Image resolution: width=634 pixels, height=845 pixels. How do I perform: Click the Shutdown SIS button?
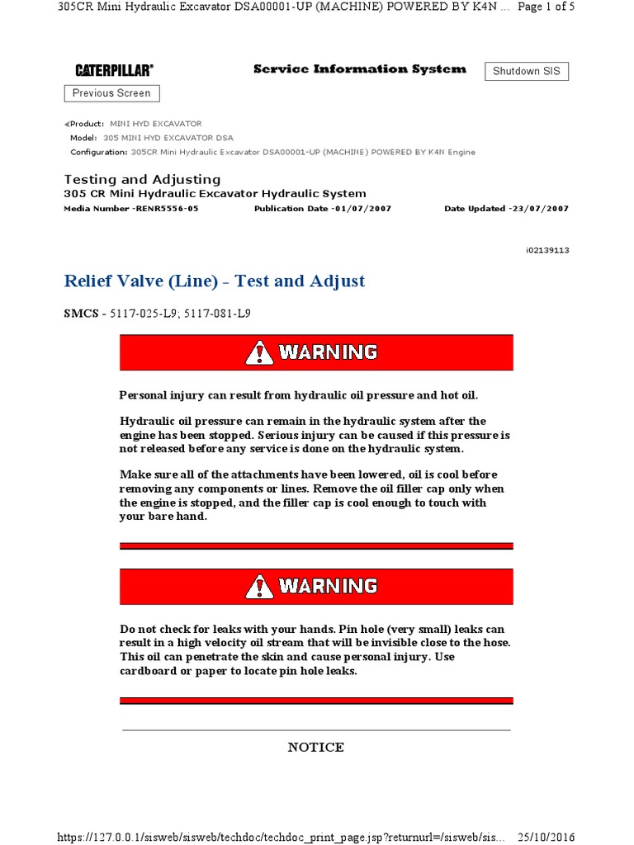[526, 71]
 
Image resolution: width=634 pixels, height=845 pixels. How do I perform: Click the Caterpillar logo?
[114, 71]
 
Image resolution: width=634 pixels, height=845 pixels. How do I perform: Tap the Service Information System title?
[359, 69]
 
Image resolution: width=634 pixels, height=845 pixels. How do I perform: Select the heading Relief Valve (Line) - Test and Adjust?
[215, 281]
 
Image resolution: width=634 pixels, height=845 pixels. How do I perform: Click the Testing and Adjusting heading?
[142, 179]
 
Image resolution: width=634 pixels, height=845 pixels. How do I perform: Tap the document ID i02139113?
[547, 250]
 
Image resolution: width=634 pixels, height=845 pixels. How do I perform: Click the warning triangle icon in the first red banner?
[259, 353]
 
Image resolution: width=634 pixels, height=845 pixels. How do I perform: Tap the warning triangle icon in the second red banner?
[259, 587]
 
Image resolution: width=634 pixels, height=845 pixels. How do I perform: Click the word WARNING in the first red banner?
[328, 353]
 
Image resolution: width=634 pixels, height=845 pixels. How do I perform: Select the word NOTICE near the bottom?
[316, 748]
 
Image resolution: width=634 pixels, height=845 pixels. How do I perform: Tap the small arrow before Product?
[67, 124]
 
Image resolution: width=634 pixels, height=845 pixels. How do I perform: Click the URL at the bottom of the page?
[281, 836]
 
